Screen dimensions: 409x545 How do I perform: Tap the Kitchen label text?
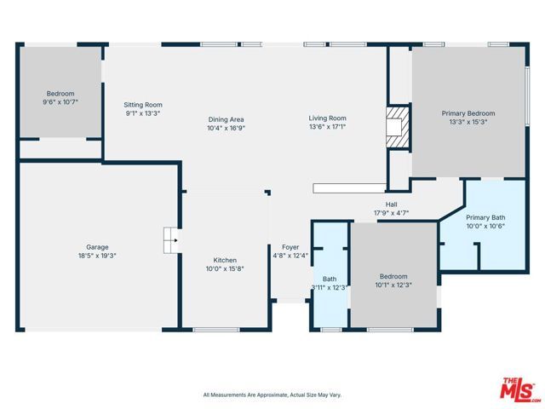click(x=225, y=261)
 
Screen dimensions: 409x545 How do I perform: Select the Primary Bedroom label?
click(x=468, y=112)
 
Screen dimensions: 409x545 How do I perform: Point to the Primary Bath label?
click(x=485, y=217)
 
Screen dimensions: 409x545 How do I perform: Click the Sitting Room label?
click(x=142, y=104)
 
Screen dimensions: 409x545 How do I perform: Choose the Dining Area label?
click(x=226, y=118)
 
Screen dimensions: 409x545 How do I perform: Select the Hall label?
click(x=391, y=204)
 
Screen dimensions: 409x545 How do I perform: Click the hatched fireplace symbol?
click(x=396, y=124)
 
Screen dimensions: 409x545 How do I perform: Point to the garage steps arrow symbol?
click(x=171, y=240)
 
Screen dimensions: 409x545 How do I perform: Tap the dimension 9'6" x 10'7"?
click(x=60, y=101)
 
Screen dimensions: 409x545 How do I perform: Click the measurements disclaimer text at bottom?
click(x=272, y=395)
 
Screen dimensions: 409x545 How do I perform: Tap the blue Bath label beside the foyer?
click(x=330, y=279)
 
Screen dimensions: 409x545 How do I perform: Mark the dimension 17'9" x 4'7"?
click(x=391, y=213)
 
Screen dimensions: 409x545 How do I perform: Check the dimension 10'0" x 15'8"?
click(x=225, y=269)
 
